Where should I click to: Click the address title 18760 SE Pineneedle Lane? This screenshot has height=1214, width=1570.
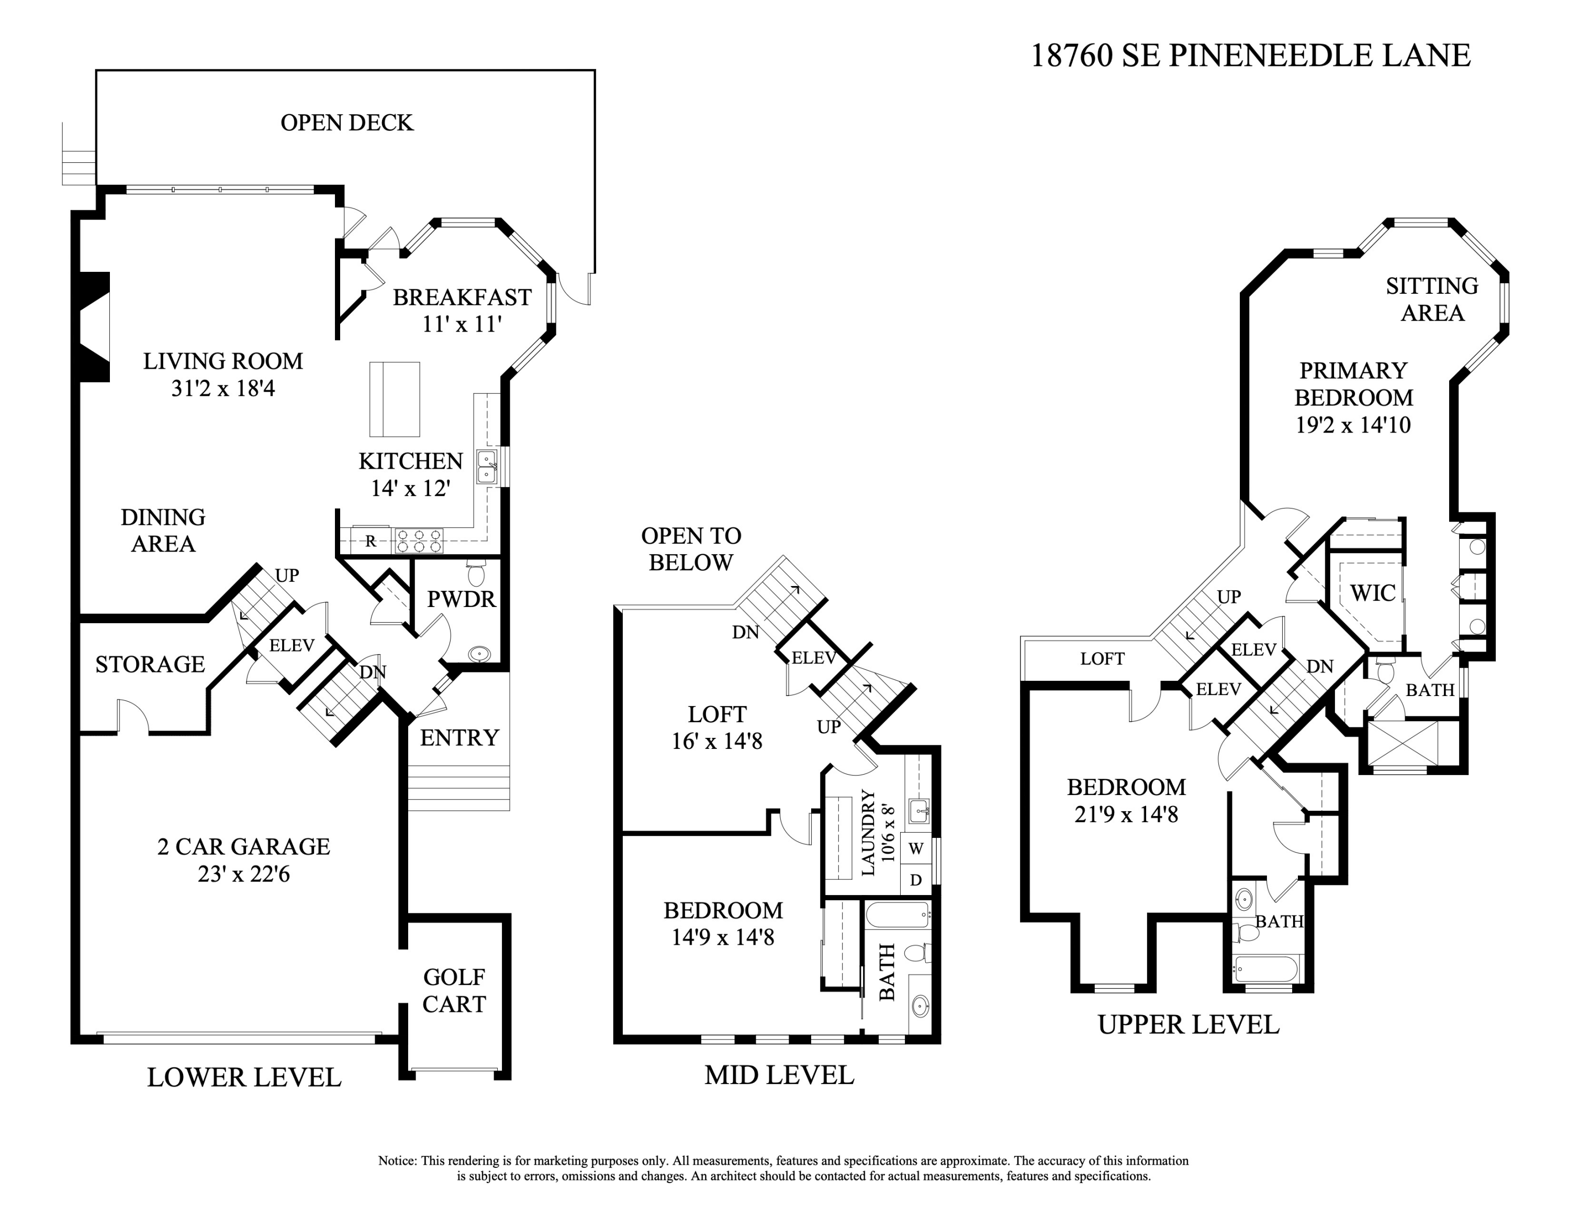point(1250,56)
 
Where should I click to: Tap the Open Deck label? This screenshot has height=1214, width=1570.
point(346,123)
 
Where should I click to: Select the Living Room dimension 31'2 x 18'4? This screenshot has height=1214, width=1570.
point(223,389)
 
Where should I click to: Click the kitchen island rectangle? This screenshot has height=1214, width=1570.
point(395,399)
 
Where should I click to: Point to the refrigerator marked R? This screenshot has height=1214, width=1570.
point(370,541)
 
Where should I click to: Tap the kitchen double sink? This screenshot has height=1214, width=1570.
point(487,467)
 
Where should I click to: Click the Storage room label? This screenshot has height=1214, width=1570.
point(150,664)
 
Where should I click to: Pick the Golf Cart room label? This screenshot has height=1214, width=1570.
point(454,990)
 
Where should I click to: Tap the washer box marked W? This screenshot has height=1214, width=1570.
point(915,848)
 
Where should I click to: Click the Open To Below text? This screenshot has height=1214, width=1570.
point(691,549)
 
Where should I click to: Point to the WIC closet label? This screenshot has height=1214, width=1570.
point(1372,593)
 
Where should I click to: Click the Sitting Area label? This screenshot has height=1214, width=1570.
point(1432,299)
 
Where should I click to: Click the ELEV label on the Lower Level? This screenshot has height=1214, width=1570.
point(291,646)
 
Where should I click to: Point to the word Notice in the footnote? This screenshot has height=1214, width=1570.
point(397,1160)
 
